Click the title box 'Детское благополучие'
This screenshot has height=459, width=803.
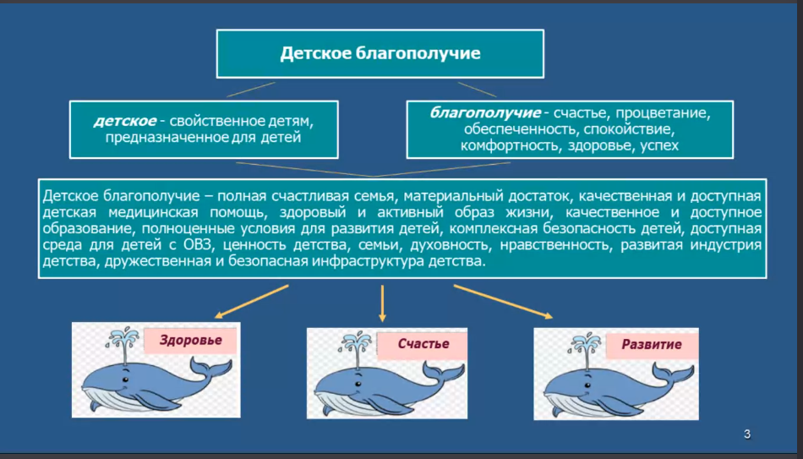380,54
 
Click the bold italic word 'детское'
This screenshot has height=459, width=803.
119,120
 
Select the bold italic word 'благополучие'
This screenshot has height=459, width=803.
484,112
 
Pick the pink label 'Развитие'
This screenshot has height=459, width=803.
652,344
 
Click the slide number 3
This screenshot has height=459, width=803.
747,434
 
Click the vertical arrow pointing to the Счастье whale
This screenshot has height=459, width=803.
382,303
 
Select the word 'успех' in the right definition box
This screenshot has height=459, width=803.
659,146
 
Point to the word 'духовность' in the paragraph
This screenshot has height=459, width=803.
448,245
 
